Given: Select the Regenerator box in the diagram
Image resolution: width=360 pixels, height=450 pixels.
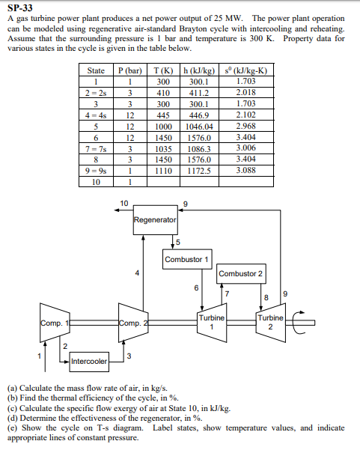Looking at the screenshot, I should [156, 220].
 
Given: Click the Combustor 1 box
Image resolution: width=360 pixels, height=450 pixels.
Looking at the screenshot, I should [186, 259].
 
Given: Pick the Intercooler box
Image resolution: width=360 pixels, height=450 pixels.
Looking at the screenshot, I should [88, 362].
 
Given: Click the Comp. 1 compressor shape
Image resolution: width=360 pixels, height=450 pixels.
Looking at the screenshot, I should [54, 324].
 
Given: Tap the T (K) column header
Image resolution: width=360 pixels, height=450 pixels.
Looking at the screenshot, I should [159, 70].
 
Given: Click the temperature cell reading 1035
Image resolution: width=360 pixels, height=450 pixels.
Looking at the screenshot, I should [159, 149].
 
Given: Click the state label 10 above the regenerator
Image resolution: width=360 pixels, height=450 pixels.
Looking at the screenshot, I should [124, 202].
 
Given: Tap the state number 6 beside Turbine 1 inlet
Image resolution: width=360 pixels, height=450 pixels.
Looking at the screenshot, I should [196, 287].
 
